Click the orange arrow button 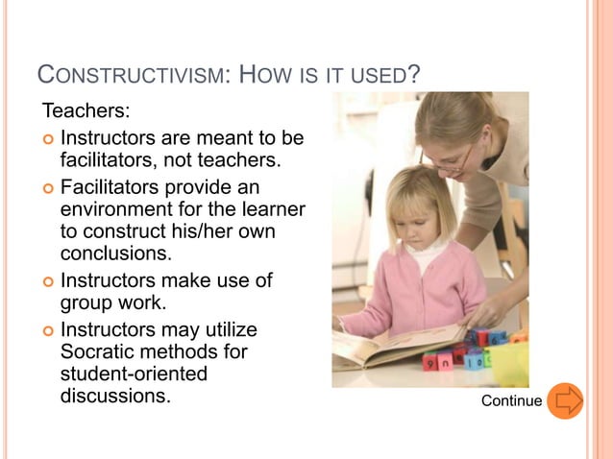pyautogui.click(x=565, y=399)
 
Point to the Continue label pyautogui.click(x=511, y=400)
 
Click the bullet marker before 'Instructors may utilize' pyautogui.click(x=48, y=329)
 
